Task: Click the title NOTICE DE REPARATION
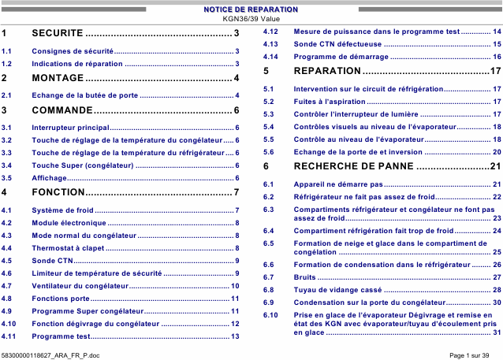click(251, 9)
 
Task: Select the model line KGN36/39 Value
click(251, 18)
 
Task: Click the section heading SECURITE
click(58, 33)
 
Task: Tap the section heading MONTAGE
click(58, 78)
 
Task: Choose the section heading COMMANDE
click(62, 109)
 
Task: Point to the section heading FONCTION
click(58, 193)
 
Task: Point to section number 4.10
click(9, 324)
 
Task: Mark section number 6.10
click(270, 315)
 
